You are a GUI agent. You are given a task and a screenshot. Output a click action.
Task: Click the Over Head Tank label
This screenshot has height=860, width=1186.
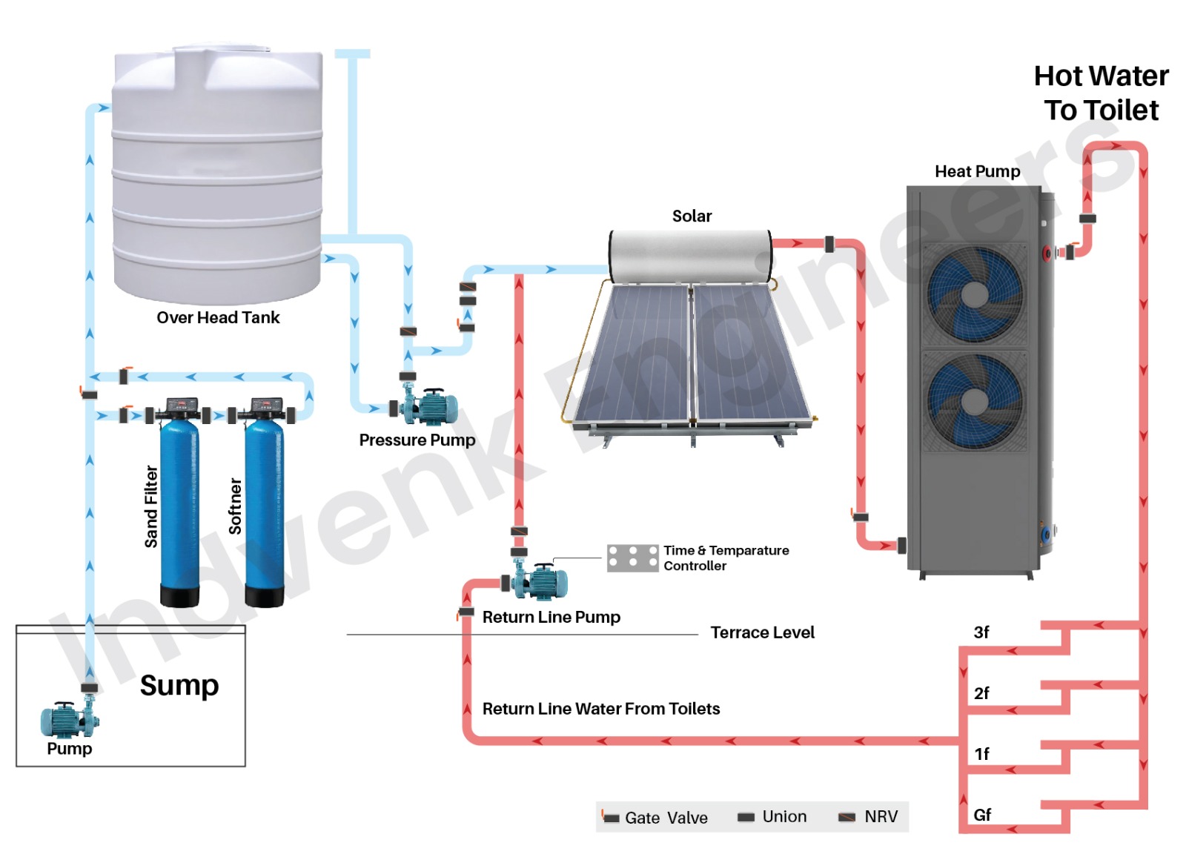tap(218, 317)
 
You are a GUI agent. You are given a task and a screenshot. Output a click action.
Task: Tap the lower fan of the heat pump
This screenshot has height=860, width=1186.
tap(974, 403)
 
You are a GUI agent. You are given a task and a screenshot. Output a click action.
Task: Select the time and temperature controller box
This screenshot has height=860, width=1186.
tap(632, 558)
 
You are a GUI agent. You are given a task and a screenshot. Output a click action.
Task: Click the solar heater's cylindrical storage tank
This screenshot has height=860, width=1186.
tap(691, 256)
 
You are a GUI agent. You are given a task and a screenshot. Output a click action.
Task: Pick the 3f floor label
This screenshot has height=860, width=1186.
tap(981, 632)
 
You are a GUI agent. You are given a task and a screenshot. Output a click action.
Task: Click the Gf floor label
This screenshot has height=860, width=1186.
tap(982, 815)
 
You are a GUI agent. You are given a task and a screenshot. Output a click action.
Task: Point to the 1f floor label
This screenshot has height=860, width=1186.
tap(981, 754)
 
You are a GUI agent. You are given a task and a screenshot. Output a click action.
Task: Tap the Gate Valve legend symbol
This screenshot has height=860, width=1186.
tap(610, 817)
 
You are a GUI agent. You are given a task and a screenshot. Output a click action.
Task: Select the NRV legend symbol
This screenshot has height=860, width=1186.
tap(847, 817)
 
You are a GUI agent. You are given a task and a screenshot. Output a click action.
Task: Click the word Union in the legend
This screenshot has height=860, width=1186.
tap(784, 816)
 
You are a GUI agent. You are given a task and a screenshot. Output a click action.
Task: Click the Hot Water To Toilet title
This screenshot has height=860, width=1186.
tap(1101, 93)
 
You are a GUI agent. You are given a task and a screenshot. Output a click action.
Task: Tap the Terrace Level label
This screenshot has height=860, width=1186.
tap(762, 632)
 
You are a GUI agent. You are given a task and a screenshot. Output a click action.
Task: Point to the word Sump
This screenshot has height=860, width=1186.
tap(179, 685)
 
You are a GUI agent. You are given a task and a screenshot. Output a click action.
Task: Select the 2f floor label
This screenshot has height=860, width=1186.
tap(981, 693)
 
